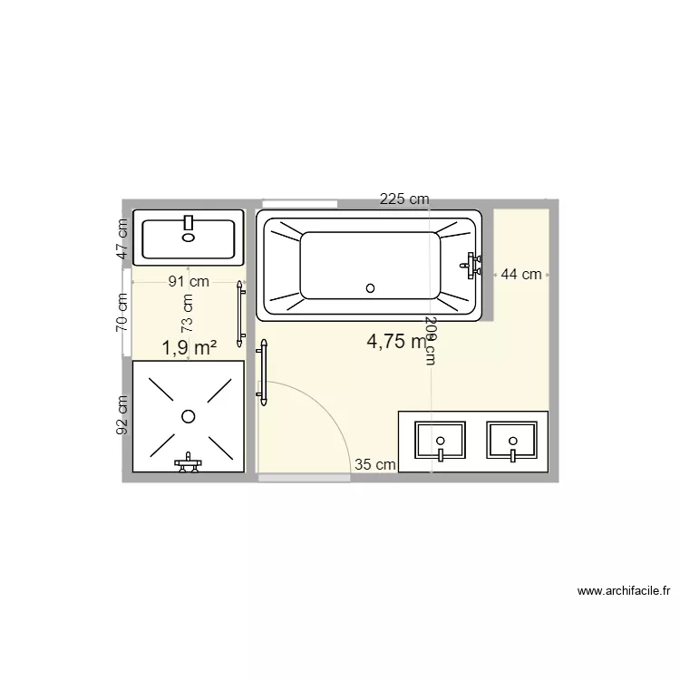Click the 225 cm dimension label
click(x=404, y=199)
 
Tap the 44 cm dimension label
click(x=521, y=274)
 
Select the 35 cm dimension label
click(x=374, y=464)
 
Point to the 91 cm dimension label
click(x=189, y=281)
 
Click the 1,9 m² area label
click(x=189, y=346)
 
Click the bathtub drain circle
click(x=370, y=288)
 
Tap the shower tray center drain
click(x=189, y=416)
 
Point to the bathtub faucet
click(x=470, y=264)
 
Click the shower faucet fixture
click(x=189, y=462)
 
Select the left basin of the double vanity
click(x=440, y=441)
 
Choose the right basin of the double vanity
click(x=512, y=441)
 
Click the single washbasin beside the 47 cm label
click(x=189, y=238)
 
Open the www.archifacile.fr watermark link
click(x=623, y=591)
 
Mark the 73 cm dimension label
click(x=187, y=313)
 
